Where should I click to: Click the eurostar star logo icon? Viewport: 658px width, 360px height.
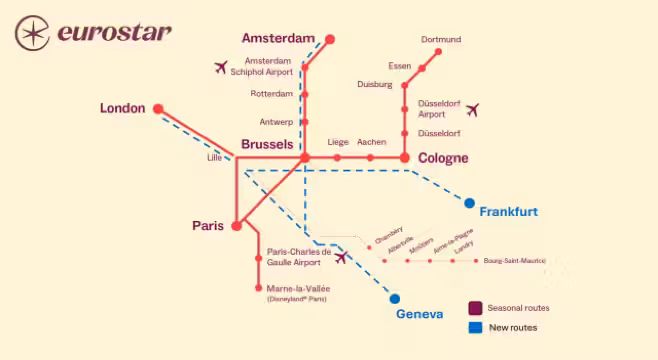click(33, 31)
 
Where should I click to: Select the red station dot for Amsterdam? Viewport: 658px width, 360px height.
click(329, 40)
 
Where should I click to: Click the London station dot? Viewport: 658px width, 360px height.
click(156, 108)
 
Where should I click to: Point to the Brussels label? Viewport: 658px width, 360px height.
click(267, 145)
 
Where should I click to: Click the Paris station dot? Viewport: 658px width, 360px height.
click(236, 226)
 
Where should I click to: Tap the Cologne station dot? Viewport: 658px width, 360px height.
click(405, 157)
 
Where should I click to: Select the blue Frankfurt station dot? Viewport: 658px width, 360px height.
click(469, 203)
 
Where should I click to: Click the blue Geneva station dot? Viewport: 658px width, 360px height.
click(395, 298)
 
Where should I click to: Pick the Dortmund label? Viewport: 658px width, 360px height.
click(441, 40)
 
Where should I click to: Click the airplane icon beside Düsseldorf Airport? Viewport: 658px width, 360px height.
click(472, 109)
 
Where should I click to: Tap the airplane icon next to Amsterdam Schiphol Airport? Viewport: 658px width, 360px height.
click(221, 67)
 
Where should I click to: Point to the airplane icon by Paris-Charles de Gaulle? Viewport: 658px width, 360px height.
click(342, 258)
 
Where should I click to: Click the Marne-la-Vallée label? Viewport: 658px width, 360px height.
click(298, 288)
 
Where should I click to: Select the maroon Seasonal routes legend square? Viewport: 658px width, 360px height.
click(476, 308)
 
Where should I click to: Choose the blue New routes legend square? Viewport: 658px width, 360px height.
click(476, 327)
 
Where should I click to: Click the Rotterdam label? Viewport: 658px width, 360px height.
click(272, 94)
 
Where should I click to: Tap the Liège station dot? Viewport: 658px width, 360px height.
click(337, 157)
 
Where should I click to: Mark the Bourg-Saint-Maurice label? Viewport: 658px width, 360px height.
click(514, 261)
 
